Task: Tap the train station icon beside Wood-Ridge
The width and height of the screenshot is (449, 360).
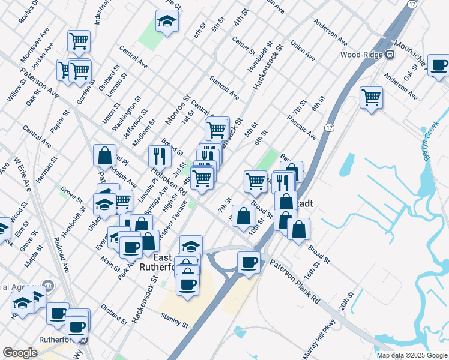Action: coord(390,54)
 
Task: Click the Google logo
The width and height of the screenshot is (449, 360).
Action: coord(20,353)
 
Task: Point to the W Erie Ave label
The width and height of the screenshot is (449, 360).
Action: coord(22,173)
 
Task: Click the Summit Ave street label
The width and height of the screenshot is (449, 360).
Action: coord(224,88)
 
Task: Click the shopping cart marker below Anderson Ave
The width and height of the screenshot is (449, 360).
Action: coord(372,97)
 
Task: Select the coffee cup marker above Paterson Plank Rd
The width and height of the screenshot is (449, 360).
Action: coord(249,262)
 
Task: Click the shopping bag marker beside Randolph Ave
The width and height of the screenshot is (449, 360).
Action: coord(105,155)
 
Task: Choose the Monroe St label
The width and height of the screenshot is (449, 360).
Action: coord(178,109)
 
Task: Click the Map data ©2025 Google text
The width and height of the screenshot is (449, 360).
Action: coord(411,355)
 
